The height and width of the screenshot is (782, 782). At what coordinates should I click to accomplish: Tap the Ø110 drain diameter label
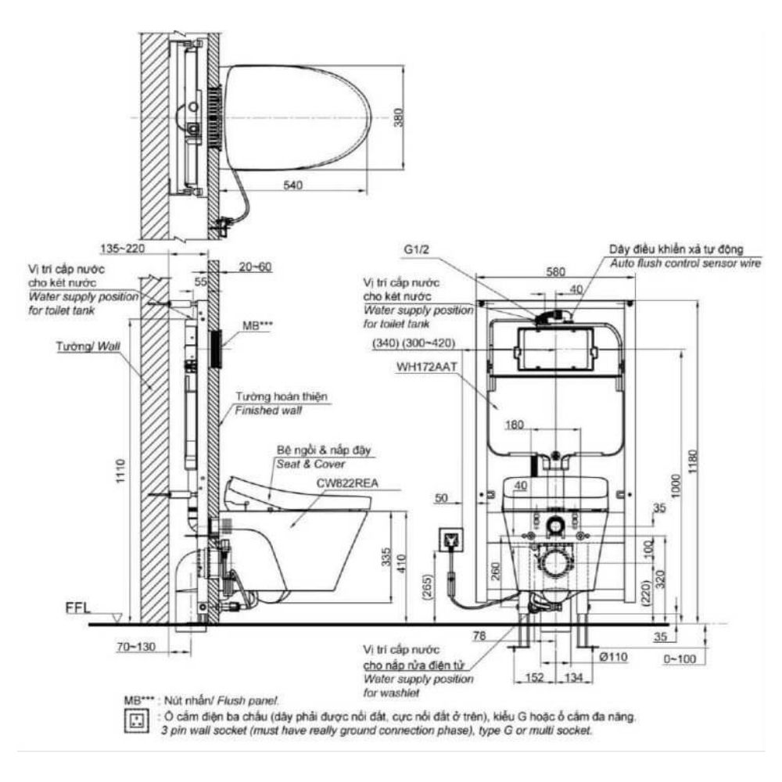click(x=617, y=658)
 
